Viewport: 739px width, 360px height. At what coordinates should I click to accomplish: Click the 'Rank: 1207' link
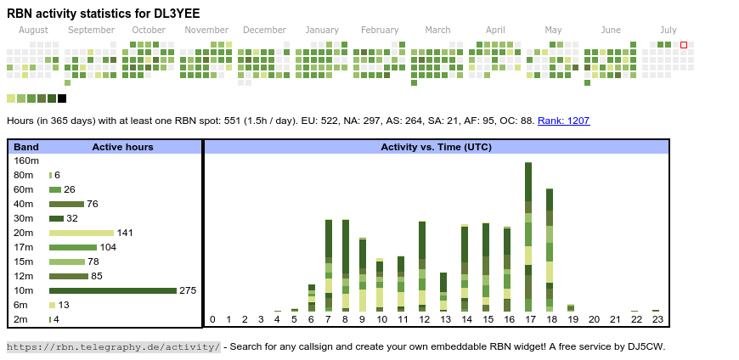tap(563, 121)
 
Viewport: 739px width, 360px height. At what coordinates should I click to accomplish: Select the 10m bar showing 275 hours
tap(112, 290)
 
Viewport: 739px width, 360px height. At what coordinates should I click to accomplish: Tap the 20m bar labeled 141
tap(82, 233)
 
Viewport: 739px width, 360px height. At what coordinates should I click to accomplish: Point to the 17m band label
tap(24, 247)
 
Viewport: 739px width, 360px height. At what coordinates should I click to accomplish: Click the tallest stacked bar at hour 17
tap(528, 237)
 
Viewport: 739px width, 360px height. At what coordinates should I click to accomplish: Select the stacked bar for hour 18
tap(550, 250)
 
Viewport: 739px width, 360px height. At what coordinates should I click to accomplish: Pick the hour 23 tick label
tap(657, 319)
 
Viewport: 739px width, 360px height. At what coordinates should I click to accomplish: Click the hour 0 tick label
tap(212, 319)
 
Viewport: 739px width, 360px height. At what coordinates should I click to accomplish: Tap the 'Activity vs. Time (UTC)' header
tap(436, 147)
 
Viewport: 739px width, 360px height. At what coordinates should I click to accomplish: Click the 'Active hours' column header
tap(122, 147)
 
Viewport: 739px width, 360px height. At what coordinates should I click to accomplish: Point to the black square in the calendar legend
tap(62, 98)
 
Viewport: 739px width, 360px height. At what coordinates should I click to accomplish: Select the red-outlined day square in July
tap(684, 45)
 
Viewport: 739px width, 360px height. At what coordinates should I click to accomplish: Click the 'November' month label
tap(206, 30)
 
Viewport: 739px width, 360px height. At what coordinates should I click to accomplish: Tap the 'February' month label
tap(379, 30)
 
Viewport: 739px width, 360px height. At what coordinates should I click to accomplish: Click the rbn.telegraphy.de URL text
tap(113, 346)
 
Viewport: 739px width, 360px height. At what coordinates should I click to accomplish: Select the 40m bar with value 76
tap(66, 204)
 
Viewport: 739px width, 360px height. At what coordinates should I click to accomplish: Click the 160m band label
tap(26, 160)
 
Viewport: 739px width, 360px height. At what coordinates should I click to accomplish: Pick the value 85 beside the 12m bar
tap(97, 276)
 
